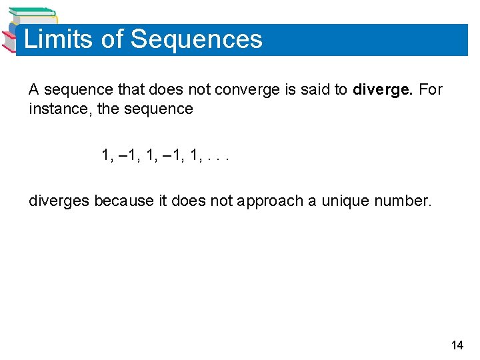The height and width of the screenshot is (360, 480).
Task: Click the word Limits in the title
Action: pyautogui.click(x=58, y=39)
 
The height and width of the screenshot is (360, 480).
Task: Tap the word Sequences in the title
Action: pyautogui.click(x=197, y=39)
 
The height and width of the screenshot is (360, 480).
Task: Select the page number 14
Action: pyautogui.click(x=457, y=345)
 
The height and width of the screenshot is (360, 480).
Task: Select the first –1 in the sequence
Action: pyautogui.click(x=131, y=155)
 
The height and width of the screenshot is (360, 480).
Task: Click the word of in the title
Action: pyautogui.click(x=112, y=39)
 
